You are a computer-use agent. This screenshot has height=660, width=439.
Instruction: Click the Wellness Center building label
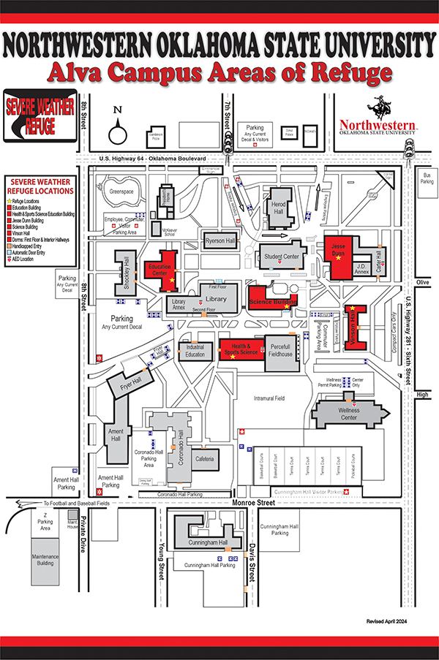coord(348,414)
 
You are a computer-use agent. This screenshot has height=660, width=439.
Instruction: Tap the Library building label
coord(216,299)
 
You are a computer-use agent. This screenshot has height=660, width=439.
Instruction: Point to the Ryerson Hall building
coord(219,241)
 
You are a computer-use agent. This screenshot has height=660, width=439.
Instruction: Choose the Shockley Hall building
coord(126,273)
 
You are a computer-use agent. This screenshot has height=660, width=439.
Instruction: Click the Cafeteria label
coord(204,458)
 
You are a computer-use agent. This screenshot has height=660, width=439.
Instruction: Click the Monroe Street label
coord(274,503)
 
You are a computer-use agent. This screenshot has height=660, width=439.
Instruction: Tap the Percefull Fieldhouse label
coord(281,349)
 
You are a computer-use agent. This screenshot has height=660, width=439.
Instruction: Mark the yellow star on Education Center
coord(172,280)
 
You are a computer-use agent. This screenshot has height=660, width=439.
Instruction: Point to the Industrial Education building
coord(195,351)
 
